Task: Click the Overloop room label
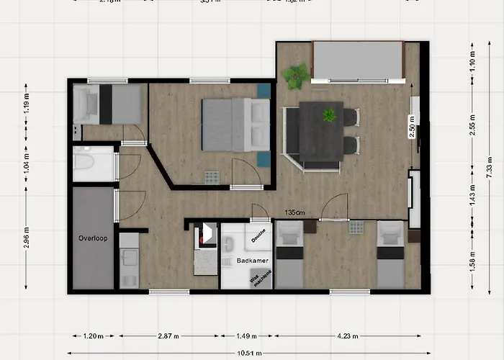tap(93, 238)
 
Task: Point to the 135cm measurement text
tap(294, 212)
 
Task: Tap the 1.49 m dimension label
tap(246, 336)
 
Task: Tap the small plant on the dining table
tap(329, 115)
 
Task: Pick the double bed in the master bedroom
tap(235, 124)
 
